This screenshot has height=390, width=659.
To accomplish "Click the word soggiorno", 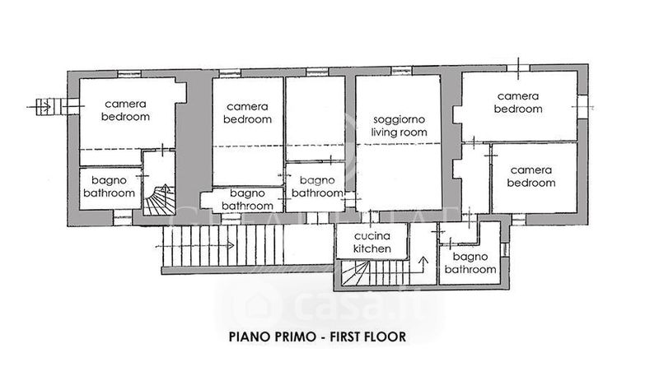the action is point(399,120).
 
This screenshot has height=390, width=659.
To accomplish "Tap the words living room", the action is point(399,132).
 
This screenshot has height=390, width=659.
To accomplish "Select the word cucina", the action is point(372,236).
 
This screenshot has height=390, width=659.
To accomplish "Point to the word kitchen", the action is point(372,248).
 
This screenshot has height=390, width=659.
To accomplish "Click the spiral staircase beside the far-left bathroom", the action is point(159,200).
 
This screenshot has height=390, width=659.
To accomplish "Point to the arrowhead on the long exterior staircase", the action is point(231,245).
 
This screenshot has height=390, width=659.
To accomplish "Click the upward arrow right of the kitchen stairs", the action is point(423,265).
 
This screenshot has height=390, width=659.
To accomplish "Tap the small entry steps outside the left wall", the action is point(44,107).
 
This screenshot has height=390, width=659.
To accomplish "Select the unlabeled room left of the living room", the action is point(315,118).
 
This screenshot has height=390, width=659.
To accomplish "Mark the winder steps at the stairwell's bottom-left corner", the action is point(355,273).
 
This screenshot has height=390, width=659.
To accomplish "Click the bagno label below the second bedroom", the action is point(247,193).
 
